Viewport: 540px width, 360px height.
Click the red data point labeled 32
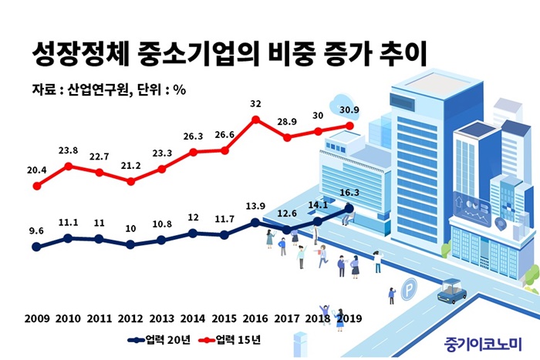tap(255, 119)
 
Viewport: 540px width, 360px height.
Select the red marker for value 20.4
tap(36, 186)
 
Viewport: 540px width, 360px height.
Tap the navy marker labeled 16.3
tap(349, 207)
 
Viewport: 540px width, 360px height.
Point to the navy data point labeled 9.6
tap(36, 247)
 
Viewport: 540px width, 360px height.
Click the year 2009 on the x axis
tap(36, 318)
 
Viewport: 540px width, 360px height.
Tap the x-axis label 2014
tap(193, 318)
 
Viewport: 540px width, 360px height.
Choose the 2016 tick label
tap(255, 318)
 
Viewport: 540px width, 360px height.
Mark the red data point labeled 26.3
tap(193, 152)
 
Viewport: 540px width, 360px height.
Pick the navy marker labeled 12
tap(193, 233)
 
